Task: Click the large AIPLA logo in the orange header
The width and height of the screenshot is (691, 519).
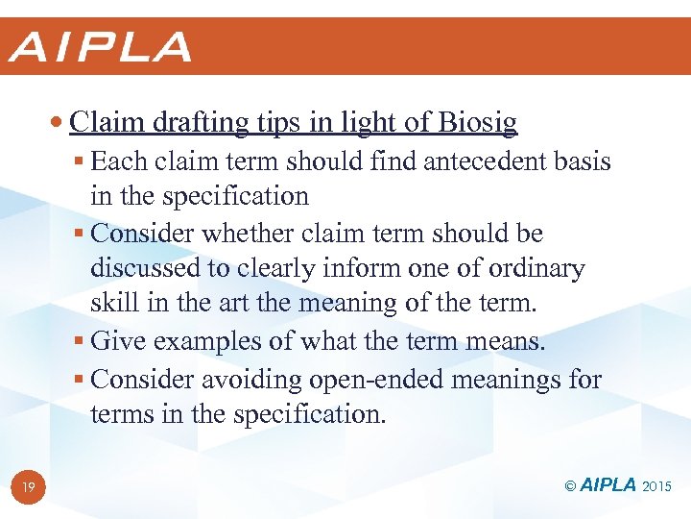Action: point(100,47)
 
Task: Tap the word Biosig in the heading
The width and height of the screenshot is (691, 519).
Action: point(478,122)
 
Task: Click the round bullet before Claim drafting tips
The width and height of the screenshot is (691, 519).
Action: point(59,123)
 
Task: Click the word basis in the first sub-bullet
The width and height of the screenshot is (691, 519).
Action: point(583,161)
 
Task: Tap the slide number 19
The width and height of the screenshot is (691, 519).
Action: point(29,488)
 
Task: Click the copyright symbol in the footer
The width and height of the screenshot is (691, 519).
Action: point(569,486)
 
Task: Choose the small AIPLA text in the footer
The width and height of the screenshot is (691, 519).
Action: point(609,486)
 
